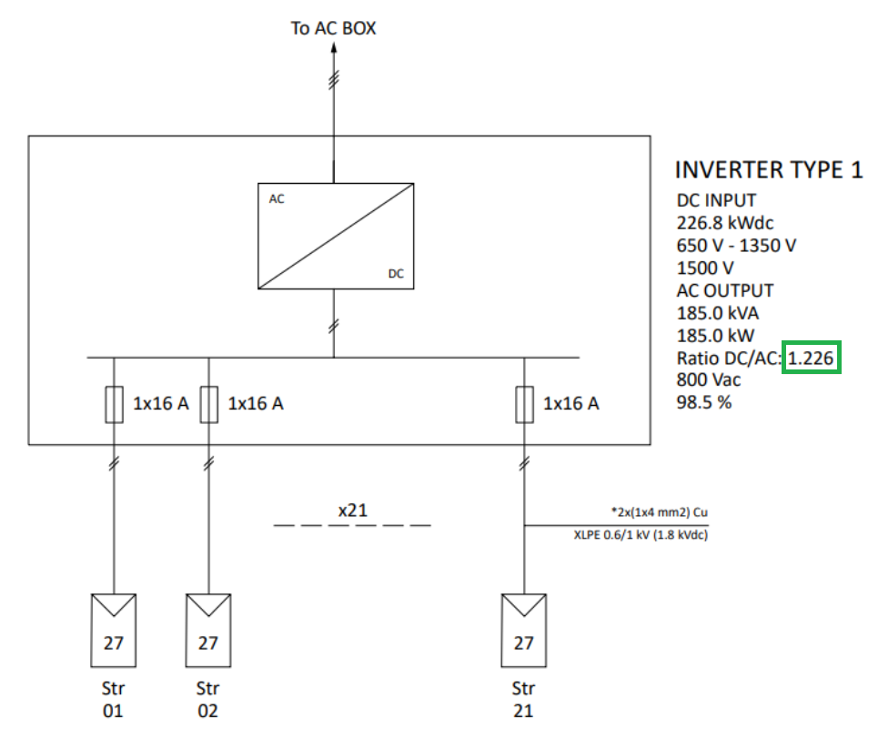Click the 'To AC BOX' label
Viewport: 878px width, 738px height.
pyautogui.click(x=333, y=28)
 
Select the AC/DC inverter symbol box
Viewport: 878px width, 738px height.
pyautogui.click(x=336, y=236)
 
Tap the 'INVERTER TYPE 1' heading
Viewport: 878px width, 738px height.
pyautogui.click(x=769, y=170)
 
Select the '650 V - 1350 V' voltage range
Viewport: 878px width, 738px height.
pyautogui.click(x=737, y=246)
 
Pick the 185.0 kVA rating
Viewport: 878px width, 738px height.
pyautogui.click(x=718, y=313)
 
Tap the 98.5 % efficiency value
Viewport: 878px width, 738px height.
pyautogui.click(x=704, y=402)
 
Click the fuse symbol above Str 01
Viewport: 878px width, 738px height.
pyautogui.click(x=114, y=404)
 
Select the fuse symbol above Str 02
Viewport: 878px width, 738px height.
pyautogui.click(x=209, y=404)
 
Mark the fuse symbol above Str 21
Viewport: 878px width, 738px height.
pyautogui.click(x=524, y=404)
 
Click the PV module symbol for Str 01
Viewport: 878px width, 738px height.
pyautogui.click(x=114, y=630)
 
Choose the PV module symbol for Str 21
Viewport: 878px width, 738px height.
pyautogui.click(x=524, y=630)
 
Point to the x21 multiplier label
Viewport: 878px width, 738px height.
pyautogui.click(x=352, y=511)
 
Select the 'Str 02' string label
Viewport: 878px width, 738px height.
pyautogui.click(x=208, y=699)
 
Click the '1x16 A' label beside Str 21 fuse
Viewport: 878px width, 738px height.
pyautogui.click(x=571, y=403)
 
